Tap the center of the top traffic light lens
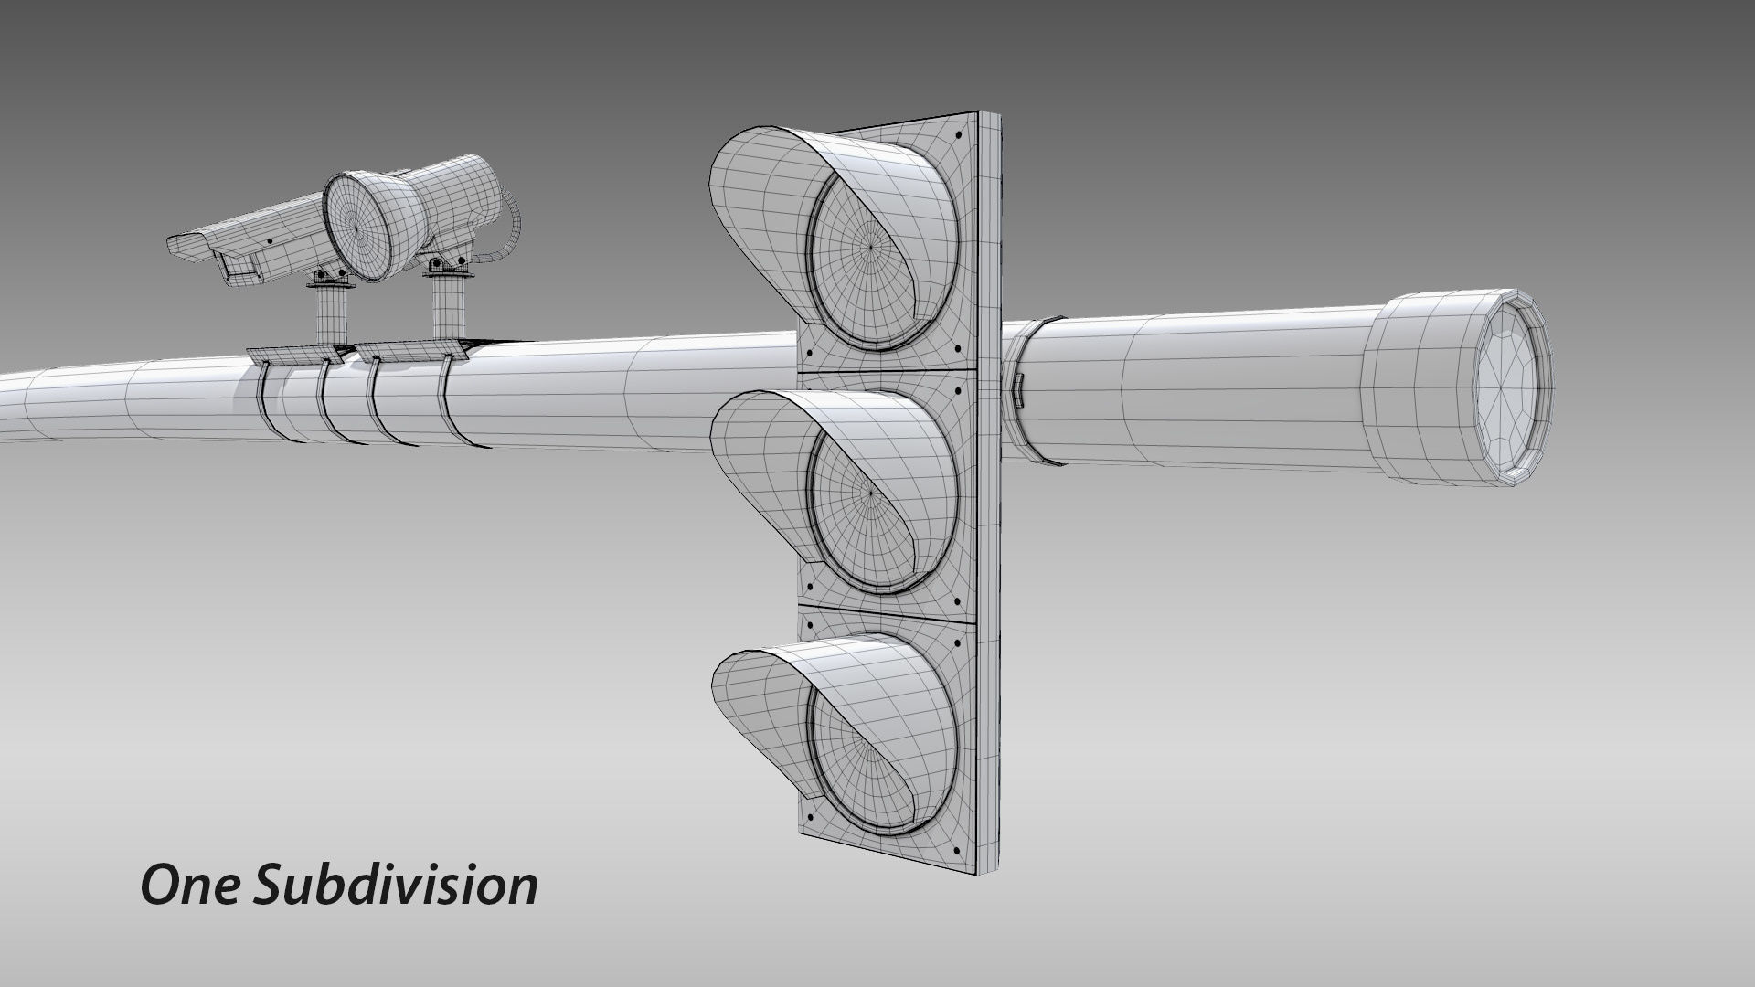[870, 245]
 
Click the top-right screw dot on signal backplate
[957, 136]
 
